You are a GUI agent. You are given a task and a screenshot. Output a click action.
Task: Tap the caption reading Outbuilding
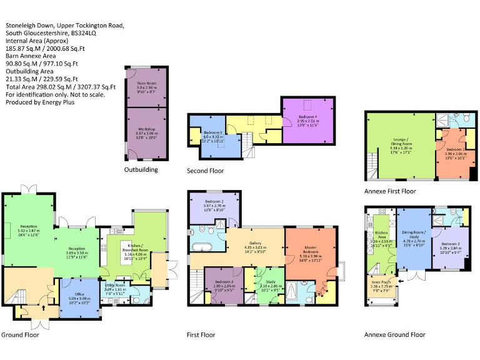coord(141,169)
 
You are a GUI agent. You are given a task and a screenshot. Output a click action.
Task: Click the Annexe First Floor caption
coord(390,191)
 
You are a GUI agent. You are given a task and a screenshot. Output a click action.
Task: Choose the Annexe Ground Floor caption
coord(394,335)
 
